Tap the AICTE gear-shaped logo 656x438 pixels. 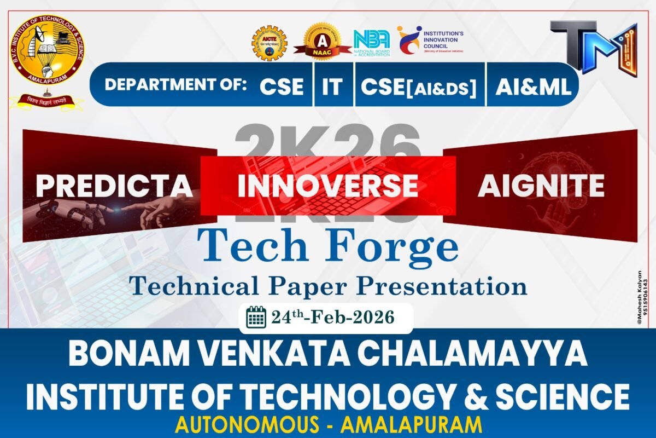tap(269, 43)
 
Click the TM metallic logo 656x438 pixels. tap(593, 46)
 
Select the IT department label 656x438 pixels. tap(332, 87)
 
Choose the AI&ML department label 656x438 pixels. tap(533, 87)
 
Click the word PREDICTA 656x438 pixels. tap(114, 186)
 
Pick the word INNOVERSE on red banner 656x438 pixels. tap(328, 186)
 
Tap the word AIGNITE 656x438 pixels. tap(541, 186)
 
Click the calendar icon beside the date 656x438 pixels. tap(256, 318)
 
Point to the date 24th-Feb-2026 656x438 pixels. tap(332, 318)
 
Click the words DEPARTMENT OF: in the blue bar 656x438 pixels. tap(175, 85)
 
